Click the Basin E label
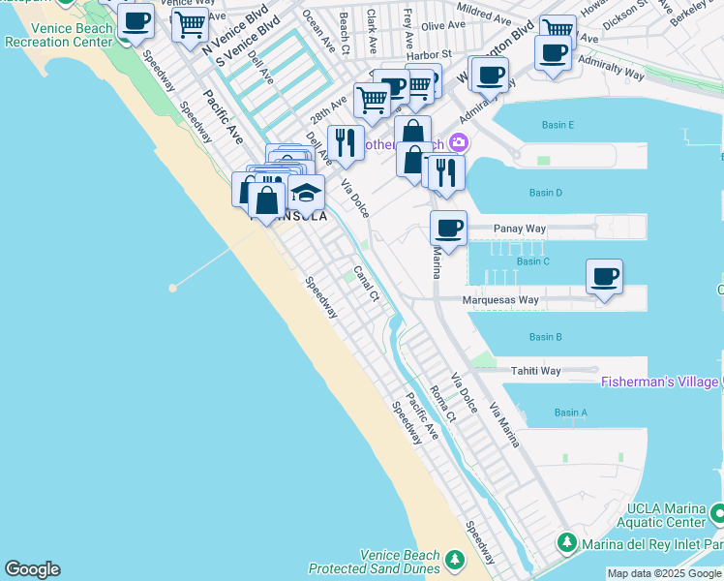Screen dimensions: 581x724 558,125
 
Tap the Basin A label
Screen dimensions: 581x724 570,413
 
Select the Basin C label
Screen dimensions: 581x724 532,261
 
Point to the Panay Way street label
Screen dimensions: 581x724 520,229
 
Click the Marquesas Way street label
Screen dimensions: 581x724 500,300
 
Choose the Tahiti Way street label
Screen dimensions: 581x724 536,371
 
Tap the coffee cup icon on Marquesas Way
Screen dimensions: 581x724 605,278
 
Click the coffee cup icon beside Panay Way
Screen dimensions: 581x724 448,229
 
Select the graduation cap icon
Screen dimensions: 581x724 306,193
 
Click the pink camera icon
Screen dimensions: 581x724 458,143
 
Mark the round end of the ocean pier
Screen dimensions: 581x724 172,288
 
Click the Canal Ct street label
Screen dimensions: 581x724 365,284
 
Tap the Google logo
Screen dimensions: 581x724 32,569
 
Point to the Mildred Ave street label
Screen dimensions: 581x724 487,18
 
